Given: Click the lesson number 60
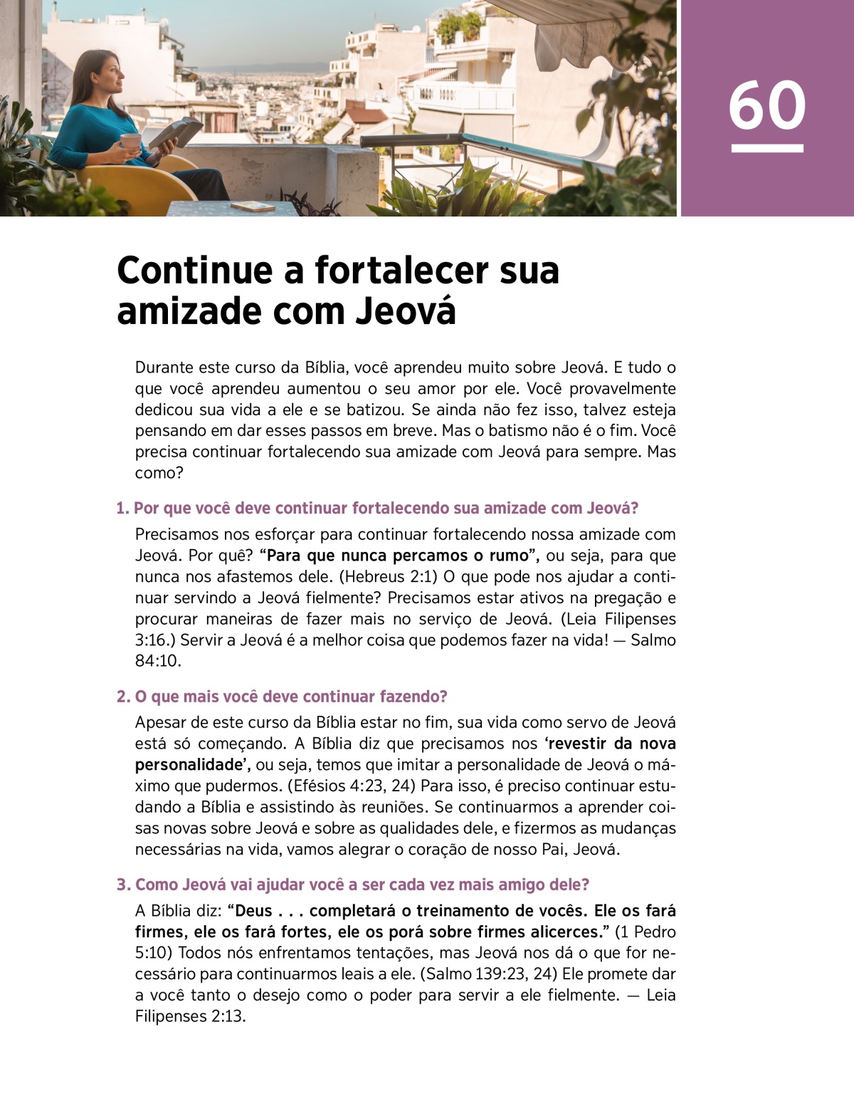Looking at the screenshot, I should (x=766, y=105).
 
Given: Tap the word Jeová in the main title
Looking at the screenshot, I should (x=406, y=311).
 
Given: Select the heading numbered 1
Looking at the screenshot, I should (x=377, y=508).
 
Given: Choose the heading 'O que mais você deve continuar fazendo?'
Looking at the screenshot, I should (x=282, y=696).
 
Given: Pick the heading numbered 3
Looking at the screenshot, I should (x=353, y=885).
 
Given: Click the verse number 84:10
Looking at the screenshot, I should (x=157, y=661).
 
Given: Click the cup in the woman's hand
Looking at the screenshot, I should (x=130, y=141).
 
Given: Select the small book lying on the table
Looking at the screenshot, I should (x=253, y=206).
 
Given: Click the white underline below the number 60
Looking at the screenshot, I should (x=766, y=148).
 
